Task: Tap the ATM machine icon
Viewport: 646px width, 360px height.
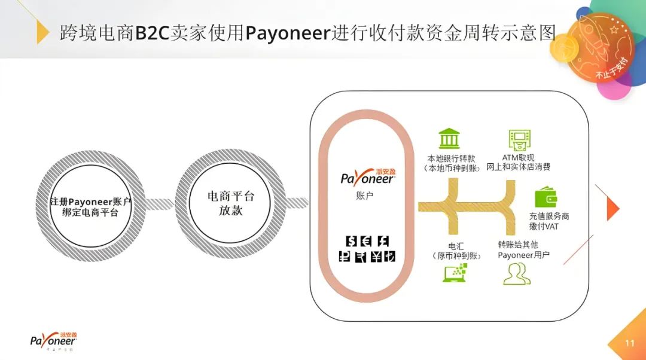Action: click(520, 140)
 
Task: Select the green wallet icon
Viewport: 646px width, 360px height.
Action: click(545, 197)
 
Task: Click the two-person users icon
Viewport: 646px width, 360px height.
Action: click(517, 273)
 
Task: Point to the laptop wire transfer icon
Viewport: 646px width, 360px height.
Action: click(455, 272)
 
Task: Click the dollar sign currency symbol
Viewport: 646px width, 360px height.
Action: click(352, 241)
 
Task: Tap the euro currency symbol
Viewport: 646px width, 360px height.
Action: click(367, 241)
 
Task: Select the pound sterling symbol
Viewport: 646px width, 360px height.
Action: click(383, 241)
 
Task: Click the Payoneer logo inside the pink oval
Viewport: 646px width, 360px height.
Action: click(367, 177)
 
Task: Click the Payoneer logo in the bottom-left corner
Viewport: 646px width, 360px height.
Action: click(53, 340)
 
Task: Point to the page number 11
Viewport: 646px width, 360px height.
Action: click(629, 343)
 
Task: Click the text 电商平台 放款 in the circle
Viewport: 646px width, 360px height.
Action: click(231, 203)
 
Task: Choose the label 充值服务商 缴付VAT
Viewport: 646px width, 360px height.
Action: click(549, 221)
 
